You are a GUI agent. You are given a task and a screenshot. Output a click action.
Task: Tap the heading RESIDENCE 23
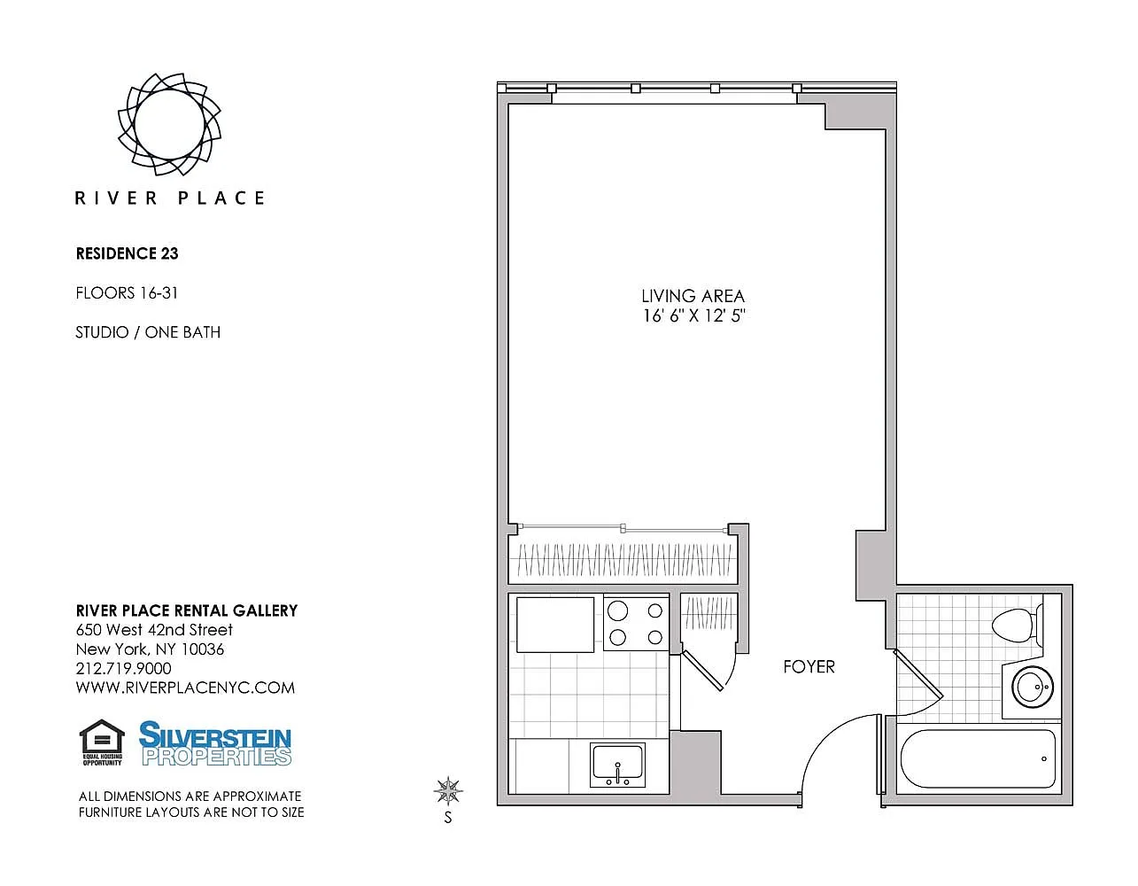[128, 253]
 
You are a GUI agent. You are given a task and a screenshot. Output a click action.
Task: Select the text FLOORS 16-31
[127, 293]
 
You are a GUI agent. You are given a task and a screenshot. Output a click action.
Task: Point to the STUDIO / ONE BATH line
[148, 332]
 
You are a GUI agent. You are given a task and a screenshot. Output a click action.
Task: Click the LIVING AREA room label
[693, 296]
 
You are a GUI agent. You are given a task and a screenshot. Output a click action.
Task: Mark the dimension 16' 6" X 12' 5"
[694, 315]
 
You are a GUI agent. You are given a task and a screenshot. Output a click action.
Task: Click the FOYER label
[809, 667]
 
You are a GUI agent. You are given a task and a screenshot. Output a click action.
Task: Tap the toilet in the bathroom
[1017, 625]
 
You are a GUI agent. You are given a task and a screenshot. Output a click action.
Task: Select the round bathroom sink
[1033, 687]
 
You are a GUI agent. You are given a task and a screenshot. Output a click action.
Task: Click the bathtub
[978, 758]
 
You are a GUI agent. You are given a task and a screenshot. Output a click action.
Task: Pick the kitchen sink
[617, 765]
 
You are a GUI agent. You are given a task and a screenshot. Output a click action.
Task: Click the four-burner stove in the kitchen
[636, 623]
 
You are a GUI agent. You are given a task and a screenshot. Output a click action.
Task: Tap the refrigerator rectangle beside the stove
[555, 625]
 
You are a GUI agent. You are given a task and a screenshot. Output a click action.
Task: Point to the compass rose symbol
[448, 790]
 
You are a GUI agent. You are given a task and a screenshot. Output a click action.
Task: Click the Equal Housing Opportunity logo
[102, 742]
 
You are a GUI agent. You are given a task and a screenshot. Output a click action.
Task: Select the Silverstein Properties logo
[215, 743]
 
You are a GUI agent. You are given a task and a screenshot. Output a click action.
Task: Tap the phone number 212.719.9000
[124, 668]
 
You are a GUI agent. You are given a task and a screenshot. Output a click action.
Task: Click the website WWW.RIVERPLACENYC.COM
[185, 688]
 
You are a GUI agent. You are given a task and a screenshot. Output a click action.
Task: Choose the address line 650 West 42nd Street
[154, 629]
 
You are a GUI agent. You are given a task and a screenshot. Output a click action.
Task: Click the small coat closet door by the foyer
[702, 672]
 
